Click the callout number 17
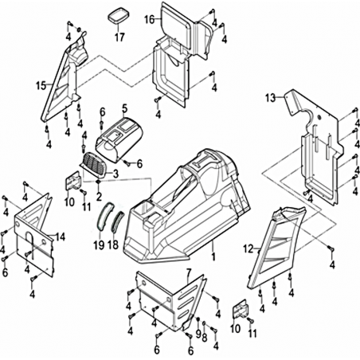pyautogui.click(x=119, y=37)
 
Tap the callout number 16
pyautogui.click(x=150, y=19)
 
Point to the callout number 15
pyautogui.click(x=41, y=86)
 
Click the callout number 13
pyautogui.click(x=271, y=98)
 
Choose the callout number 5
pyautogui.click(x=125, y=108)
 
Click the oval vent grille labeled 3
pyautogui.click(x=94, y=165)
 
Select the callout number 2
pyautogui.click(x=99, y=196)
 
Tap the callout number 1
pyautogui.click(x=213, y=256)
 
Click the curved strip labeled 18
pyautogui.click(x=117, y=221)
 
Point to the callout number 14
pyautogui.click(x=61, y=237)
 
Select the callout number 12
pyautogui.click(x=248, y=249)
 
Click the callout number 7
pyautogui.click(x=189, y=272)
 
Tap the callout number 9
pyautogui.click(x=198, y=334)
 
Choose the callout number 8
pyautogui.click(x=205, y=338)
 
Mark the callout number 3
pyautogui.click(x=115, y=174)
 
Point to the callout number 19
pyautogui.click(x=99, y=245)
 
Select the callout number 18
pyautogui.click(x=113, y=245)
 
